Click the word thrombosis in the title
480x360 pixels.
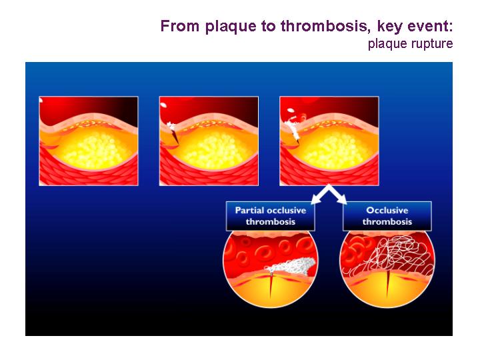click(324, 26)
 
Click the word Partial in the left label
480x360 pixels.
click(249, 210)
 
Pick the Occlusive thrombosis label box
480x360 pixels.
click(387, 216)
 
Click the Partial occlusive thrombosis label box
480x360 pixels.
click(270, 216)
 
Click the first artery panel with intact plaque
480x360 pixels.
click(89, 141)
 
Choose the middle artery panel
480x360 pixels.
click(209, 141)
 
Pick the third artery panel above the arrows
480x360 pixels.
click(329, 141)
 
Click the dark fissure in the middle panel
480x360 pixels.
click(175, 137)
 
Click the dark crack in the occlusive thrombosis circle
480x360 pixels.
click(388, 285)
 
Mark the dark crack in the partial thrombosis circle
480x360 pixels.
click(271, 285)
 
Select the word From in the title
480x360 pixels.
click(180, 26)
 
